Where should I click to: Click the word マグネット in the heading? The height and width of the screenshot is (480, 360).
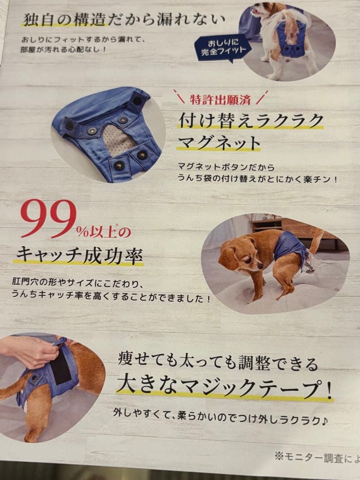click(x=219, y=143)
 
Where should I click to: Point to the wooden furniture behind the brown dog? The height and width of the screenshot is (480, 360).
click(x=293, y=227)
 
